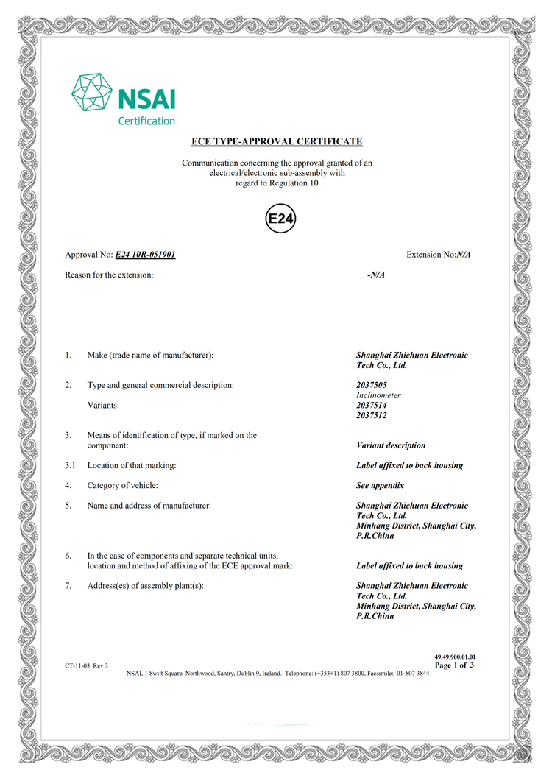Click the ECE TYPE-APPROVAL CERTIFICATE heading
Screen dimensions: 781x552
click(x=277, y=141)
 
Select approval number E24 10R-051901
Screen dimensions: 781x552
click(x=145, y=255)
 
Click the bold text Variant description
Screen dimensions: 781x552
click(x=390, y=445)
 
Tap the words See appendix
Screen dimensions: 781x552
click(x=380, y=486)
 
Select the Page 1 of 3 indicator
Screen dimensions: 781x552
click(x=454, y=665)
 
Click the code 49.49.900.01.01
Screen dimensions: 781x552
click(x=456, y=656)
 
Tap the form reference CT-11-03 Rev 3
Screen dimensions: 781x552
click(x=86, y=666)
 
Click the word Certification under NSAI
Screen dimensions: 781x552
click(x=146, y=121)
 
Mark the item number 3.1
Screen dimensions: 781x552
click(x=70, y=466)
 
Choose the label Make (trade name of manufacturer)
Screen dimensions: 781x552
click(x=150, y=356)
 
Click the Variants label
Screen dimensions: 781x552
click(x=103, y=406)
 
